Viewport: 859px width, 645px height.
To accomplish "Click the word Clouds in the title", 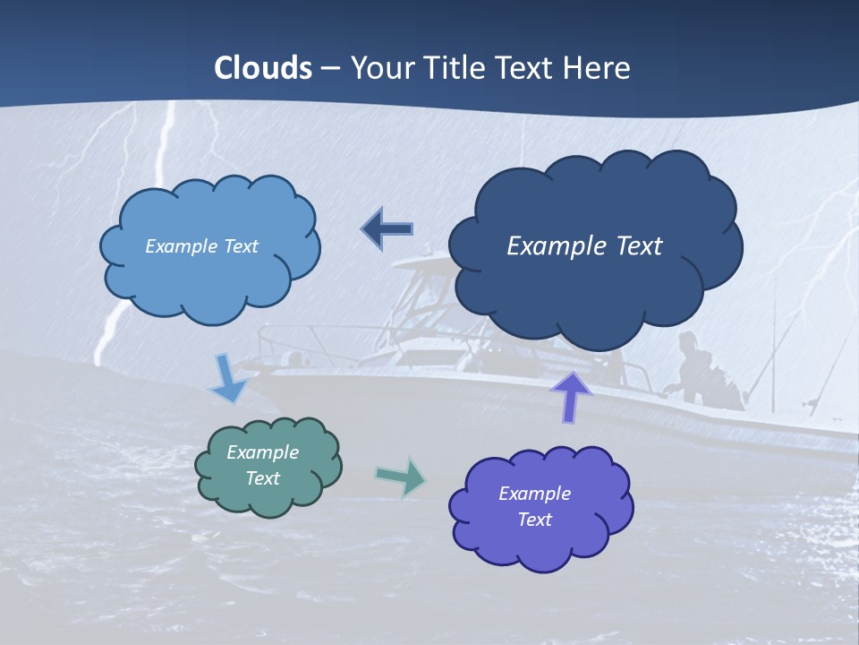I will coord(263,68).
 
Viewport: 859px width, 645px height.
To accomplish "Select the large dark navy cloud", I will coord(595,287).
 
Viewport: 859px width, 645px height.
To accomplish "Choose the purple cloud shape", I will coord(540,546).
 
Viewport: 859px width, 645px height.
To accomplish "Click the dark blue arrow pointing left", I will coord(387,229).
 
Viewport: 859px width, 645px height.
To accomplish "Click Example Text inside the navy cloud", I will coord(584,246).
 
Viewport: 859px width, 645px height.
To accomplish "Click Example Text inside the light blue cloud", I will coord(201,246).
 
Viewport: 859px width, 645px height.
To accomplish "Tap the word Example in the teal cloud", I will coord(262,452).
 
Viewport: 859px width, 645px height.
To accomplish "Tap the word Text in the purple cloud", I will coord(534,520).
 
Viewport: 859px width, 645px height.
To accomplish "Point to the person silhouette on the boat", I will coord(693,367).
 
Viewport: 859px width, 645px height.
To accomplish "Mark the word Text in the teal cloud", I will coord(262,478).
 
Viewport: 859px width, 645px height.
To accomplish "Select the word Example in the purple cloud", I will coord(534,494).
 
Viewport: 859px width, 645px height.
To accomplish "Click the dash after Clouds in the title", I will coord(330,68).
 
